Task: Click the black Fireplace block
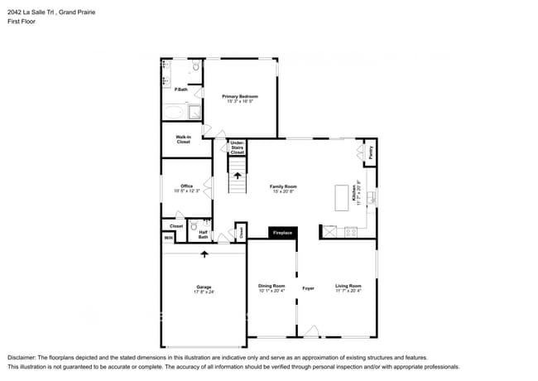[283, 233]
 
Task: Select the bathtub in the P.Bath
[175, 113]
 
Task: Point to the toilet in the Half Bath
[193, 224]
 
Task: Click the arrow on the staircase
[238, 176]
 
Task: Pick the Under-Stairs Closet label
[238, 147]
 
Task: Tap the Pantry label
[371, 152]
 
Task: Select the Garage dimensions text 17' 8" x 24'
[204, 292]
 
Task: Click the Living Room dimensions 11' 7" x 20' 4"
[348, 291]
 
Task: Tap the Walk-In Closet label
[183, 139]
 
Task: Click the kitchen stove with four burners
[351, 232]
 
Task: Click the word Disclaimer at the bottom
[23, 357]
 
